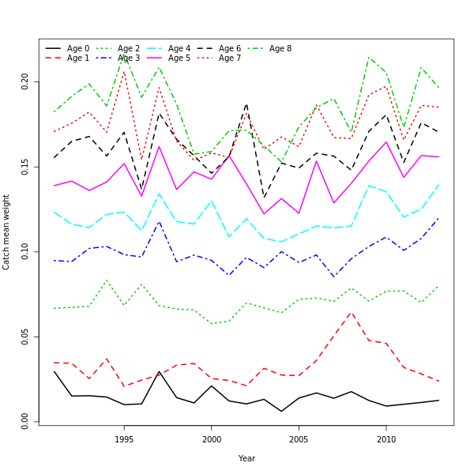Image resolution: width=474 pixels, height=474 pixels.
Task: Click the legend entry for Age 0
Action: pyautogui.click(x=77, y=49)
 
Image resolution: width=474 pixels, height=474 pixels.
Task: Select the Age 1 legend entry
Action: pyautogui.click(x=77, y=58)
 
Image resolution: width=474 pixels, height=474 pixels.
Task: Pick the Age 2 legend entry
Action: pyautogui.click(x=128, y=49)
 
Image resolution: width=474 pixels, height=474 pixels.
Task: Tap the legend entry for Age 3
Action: pyautogui.click(x=128, y=58)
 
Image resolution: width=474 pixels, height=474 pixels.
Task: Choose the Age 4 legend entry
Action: pyautogui.click(x=179, y=49)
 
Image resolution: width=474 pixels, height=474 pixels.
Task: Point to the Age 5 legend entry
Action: pyautogui.click(x=179, y=58)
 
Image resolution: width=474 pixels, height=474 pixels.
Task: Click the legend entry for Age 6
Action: pyautogui.click(x=229, y=49)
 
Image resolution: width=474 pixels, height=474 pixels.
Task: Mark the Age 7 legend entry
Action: pyautogui.click(x=229, y=58)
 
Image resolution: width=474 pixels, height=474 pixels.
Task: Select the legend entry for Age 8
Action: pyautogui.click(x=280, y=49)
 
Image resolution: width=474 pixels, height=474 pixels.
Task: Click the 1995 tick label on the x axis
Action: pyautogui.click(x=124, y=439)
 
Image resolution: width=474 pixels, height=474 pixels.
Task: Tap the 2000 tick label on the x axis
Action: pyautogui.click(x=211, y=439)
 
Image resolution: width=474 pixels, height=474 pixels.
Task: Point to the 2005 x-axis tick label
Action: pyautogui.click(x=299, y=439)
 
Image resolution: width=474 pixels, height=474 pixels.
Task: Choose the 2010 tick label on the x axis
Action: pyautogui.click(x=386, y=439)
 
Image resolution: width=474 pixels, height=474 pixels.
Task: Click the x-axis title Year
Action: pyautogui.click(x=246, y=458)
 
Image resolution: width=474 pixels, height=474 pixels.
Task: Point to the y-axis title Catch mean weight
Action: pyautogui.click(x=6, y=232)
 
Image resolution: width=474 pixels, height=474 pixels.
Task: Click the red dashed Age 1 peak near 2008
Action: pyautogui.click(x=352, y=312)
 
